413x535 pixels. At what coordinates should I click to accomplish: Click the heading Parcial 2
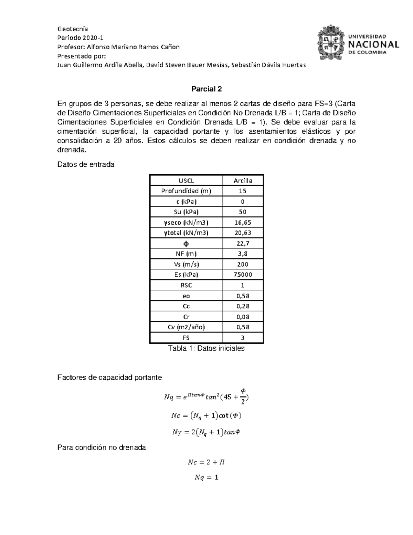coord(206,89)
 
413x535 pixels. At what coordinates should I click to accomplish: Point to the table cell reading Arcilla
coord(243,181)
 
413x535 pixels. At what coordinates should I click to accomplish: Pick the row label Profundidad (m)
coord(186,191)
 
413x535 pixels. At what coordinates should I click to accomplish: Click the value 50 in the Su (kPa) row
coord(243,212)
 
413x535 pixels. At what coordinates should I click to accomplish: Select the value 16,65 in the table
coord(243,223)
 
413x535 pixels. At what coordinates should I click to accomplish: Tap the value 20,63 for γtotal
coord(243,233)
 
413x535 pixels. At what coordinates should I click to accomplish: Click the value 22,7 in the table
coord(243,244)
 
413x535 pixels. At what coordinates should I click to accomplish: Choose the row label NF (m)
coord(186,254)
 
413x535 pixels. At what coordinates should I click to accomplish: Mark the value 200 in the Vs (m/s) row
coord(243,264)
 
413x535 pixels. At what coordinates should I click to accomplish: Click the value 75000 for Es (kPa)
coord(243,275)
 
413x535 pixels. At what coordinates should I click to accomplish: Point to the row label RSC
coord(186,285)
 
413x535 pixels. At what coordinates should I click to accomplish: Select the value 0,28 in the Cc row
coord(243,306)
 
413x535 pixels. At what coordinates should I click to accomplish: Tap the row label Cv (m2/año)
coord(186,327)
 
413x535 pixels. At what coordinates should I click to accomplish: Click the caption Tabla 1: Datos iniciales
coord(206,348)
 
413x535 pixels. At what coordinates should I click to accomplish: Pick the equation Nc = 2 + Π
coord(206,462)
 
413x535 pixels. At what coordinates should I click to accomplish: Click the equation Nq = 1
coord(206,477)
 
